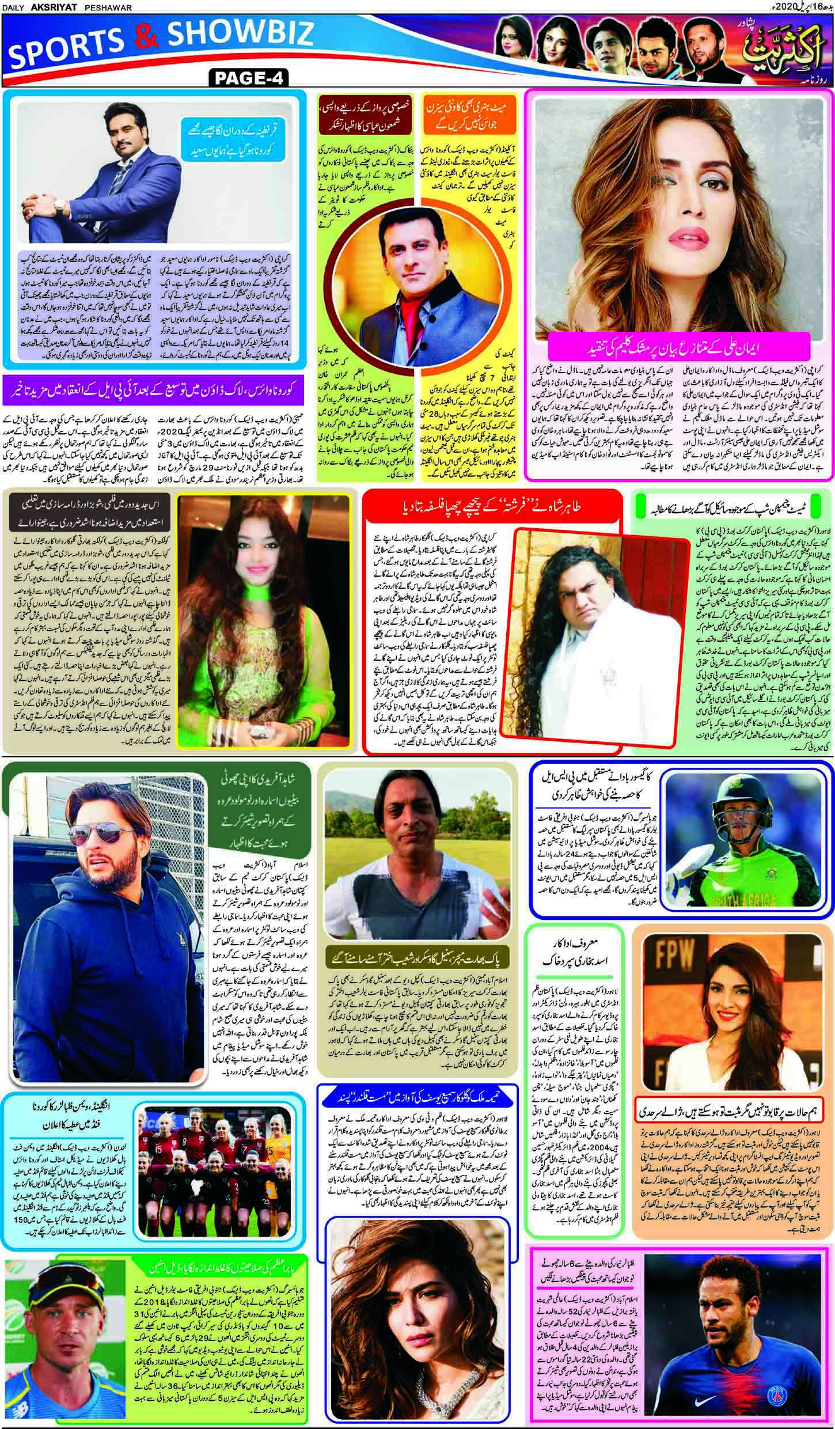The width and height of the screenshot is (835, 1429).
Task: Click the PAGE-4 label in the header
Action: (x=249, y=77)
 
